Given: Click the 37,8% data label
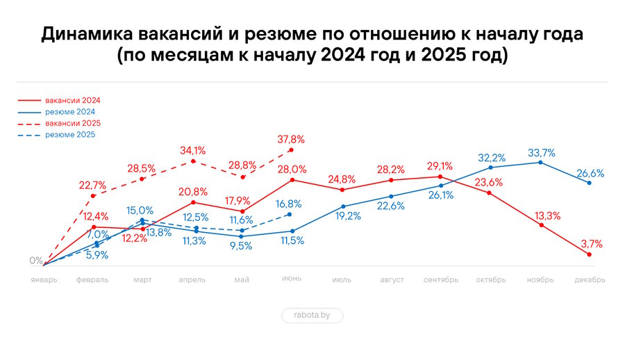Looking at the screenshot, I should (x=291, y=138).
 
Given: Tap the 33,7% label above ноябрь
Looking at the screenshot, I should (x=541, y=152).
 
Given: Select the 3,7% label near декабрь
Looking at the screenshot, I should (x=590, y=243).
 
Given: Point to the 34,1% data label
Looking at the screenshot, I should (x=192, y=150).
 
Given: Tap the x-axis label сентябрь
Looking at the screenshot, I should (x=441, y=280).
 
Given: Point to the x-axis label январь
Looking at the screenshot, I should (x=44, y=280).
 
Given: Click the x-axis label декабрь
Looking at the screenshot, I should (x=590, y=280).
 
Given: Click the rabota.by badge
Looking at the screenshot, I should (x=312, y=316).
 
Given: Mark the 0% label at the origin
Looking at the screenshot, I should (x=36, y=261).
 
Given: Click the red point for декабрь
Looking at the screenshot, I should (x=590, y=255).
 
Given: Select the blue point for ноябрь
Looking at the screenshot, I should (x=541, y=163).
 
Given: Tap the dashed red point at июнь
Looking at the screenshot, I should (x=291, y=150).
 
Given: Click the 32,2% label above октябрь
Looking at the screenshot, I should (x=491, y=157).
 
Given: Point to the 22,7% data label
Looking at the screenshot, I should (x=92, y=185).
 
